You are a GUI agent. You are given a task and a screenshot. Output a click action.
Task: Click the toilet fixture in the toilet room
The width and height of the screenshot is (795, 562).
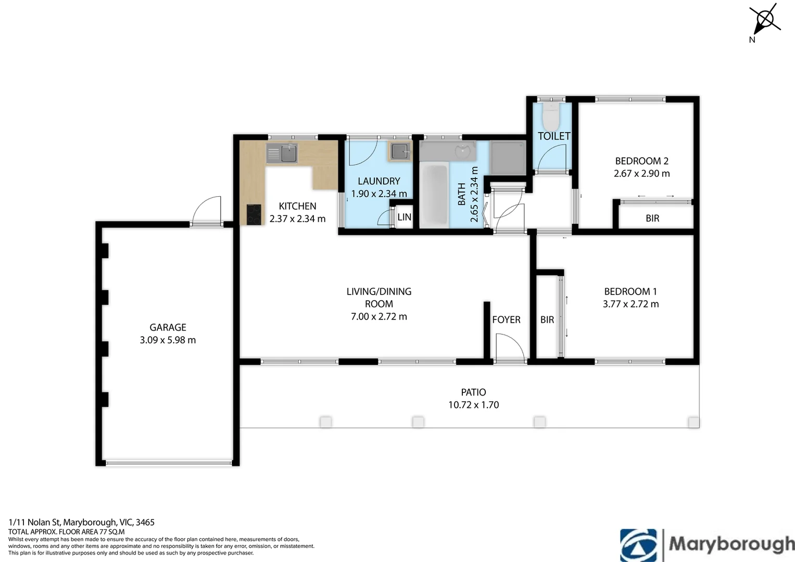coord(551,116)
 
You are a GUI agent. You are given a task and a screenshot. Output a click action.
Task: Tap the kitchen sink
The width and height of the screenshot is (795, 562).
coord(282,154)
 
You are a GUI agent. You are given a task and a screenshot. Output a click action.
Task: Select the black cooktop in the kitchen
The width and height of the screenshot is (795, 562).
coord(254,214)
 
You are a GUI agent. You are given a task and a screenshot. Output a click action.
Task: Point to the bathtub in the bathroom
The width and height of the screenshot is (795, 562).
coord(434,194)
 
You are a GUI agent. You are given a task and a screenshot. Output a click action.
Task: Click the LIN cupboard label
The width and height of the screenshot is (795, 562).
coord(404,217)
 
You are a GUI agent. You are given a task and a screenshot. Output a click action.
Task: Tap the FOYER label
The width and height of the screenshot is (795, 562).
coord(506,320)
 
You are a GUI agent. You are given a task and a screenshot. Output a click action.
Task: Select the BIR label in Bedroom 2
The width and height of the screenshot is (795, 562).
coord(652,218)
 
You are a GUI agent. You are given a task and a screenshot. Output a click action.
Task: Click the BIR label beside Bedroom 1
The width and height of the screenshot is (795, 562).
coord(547,320)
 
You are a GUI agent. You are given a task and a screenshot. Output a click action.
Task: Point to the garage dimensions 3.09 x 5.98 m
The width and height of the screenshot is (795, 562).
coord(168,340)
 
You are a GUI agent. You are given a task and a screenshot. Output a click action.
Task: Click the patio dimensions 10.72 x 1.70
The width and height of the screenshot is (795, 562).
coord(473,405)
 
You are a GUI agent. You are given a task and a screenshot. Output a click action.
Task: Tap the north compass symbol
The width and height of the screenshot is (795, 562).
coord(764,21)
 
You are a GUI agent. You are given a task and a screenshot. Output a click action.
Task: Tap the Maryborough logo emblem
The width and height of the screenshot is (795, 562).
coord(638,545)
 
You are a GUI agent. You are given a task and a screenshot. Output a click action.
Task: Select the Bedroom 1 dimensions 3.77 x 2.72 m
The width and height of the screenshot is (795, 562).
coord(630,304)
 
